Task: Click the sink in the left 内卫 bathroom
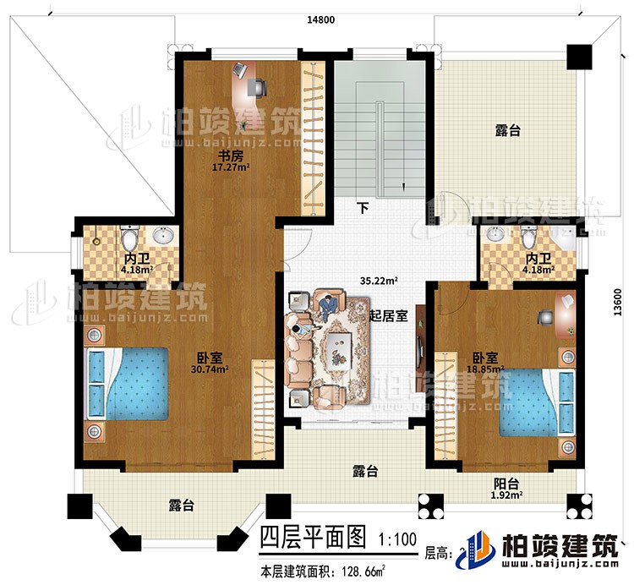(161, 233)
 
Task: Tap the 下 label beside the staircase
(361, 205)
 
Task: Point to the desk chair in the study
(256, 85)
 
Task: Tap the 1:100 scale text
(393, 538)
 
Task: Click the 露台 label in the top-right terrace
(506, 132)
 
